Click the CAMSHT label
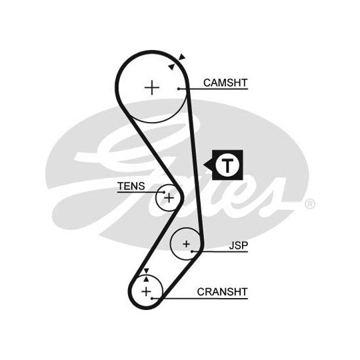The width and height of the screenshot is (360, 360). (225, 83)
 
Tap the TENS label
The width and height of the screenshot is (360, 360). (131, 186)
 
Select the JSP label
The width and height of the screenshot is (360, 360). (239, 245)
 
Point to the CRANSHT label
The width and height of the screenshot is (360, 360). (222, 292)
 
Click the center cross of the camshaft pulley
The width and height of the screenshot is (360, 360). (152, 88)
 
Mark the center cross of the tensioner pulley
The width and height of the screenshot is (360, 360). (169, 198)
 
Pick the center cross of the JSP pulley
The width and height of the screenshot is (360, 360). (187, 244)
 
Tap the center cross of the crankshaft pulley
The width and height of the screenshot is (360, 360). (146, 291)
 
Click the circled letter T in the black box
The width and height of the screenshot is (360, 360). (227, 165)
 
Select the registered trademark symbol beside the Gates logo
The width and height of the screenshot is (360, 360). (310, 204)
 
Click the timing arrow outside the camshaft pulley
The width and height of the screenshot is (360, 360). (182, 57)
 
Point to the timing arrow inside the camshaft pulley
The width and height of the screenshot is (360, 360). (171, 67)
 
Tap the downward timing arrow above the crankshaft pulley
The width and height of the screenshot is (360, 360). (146, 271)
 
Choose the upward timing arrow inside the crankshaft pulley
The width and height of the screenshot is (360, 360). (146, 279)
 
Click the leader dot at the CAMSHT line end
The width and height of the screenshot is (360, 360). (179, 89)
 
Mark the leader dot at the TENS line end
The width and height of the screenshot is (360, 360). (164, 192)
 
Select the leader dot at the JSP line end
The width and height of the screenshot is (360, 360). (192, 251)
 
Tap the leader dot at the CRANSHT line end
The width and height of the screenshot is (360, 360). (152, 299)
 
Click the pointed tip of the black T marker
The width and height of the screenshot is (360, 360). (204, 165)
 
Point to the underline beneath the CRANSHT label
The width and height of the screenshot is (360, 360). (200, 299)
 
